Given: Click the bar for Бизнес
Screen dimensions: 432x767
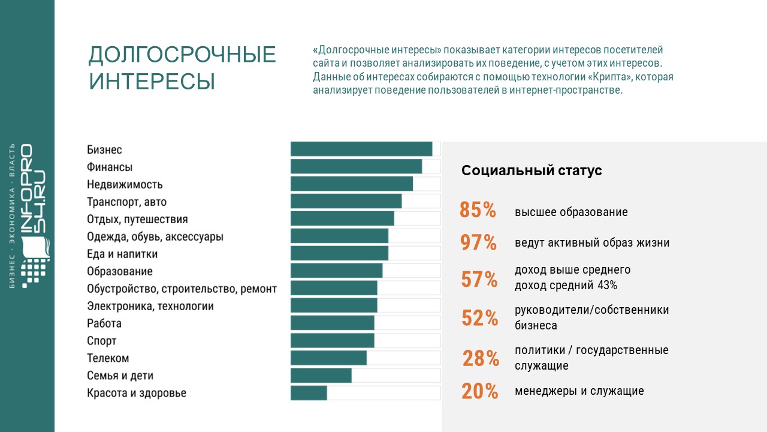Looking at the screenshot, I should tap(361, 149).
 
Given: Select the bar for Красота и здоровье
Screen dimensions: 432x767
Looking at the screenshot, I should tap(309, 393).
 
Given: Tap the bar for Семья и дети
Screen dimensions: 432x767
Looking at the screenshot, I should tap(321, 376).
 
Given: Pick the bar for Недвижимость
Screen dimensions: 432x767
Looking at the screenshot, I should tap(352, 184).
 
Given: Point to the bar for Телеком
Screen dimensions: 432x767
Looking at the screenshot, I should tap(328, 358).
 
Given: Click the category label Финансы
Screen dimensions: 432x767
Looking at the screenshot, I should tap(110, 167).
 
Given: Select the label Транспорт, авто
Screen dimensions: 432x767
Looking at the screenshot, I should tap(126, 202).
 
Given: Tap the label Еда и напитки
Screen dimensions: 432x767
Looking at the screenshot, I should tap(122, 254).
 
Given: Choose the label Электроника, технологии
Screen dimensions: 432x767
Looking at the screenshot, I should tap(150, 306).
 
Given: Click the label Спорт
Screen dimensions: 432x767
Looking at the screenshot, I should tap(101, 341).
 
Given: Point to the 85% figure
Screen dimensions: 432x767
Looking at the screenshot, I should tap(478, 211).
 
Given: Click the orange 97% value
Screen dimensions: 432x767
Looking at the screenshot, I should tap(478, 243).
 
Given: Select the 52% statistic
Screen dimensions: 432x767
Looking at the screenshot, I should tap(479, 318).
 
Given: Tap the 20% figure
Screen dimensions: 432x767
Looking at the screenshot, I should tap(479, 391).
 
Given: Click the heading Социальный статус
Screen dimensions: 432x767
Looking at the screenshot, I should tap(532, 171).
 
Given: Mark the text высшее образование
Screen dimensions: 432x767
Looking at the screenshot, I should tap(571, 212).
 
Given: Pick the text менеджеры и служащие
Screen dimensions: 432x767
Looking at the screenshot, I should tap(579, 391).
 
